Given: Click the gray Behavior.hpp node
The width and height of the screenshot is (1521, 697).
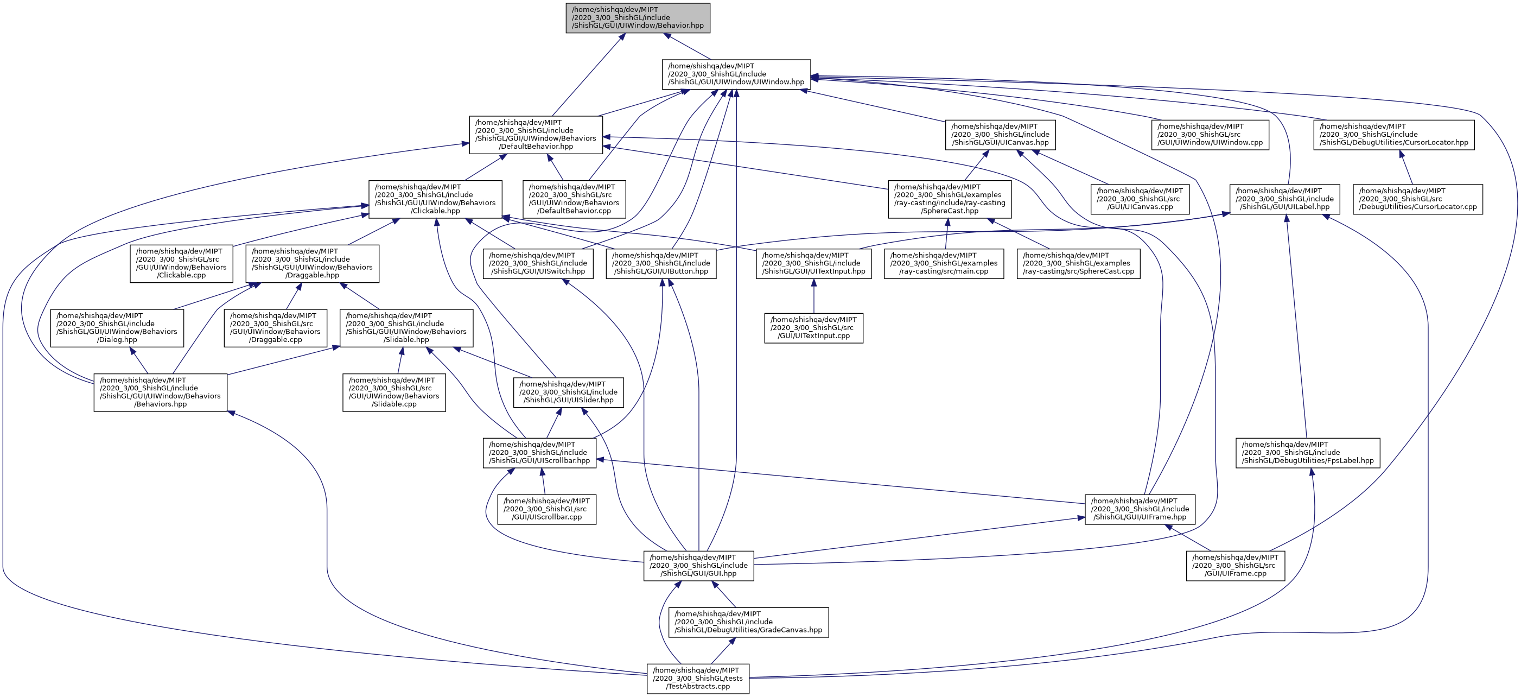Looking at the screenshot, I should tap(638, 18).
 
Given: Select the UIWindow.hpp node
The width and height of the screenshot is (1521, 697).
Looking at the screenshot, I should tap(736, 74).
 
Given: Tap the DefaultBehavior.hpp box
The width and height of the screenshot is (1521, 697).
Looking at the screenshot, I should tap(536, 135).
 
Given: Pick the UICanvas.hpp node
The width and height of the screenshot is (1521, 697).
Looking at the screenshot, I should tap(1000, 135).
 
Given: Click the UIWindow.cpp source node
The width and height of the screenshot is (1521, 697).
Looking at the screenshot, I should tap(1210, 135).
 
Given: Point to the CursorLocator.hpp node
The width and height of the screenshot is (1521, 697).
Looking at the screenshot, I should tap(1393, 135).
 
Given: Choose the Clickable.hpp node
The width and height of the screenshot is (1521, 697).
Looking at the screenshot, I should tap(435, 199).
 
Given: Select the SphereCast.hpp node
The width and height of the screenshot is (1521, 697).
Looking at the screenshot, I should tap(950, 199).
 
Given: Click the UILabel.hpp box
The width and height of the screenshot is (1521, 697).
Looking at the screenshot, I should tap(1284, 199).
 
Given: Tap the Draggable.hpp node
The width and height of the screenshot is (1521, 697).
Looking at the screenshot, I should tap(313, 263).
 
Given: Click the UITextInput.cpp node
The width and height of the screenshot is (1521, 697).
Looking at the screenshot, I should tap(813, 328).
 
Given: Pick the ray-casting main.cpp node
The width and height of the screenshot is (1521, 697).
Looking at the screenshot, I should tap(944, 263).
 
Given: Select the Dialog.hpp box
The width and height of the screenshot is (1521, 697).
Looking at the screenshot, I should tap(117, 328).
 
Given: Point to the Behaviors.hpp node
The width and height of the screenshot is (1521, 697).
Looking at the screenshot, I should tap(160, 392).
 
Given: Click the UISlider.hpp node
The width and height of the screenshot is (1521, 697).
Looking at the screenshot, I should tap(568, 392).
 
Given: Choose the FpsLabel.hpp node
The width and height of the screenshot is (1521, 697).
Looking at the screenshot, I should tap(1307, 453).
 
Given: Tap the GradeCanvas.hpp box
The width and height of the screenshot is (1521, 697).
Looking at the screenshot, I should tap(748, 622).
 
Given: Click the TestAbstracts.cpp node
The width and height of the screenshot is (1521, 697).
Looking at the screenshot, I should tap(698, 679).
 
